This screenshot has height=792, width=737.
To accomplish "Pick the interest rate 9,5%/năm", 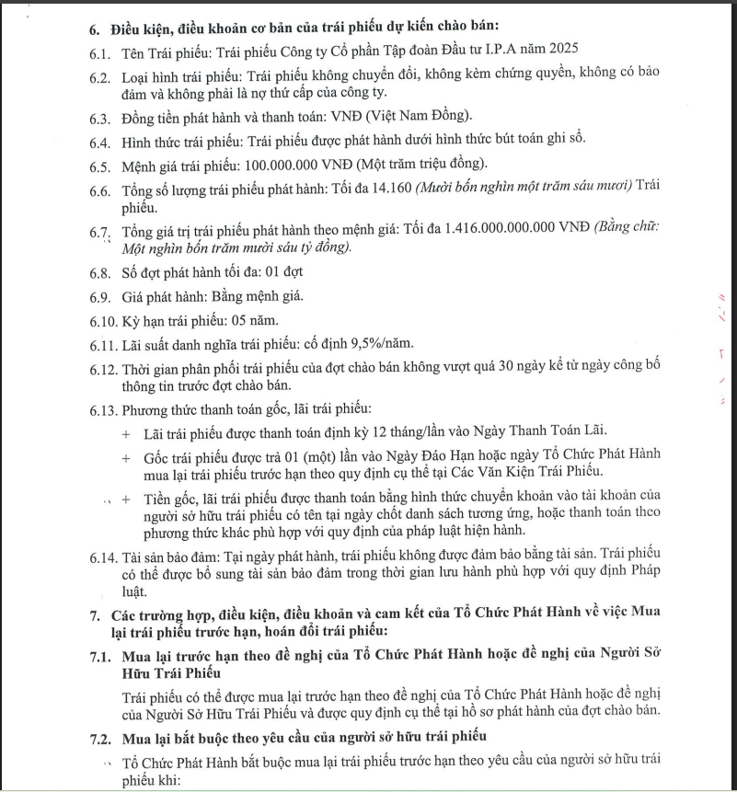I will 376,343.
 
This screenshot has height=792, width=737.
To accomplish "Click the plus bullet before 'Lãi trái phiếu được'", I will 126,432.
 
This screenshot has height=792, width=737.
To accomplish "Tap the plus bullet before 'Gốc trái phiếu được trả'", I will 126,455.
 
